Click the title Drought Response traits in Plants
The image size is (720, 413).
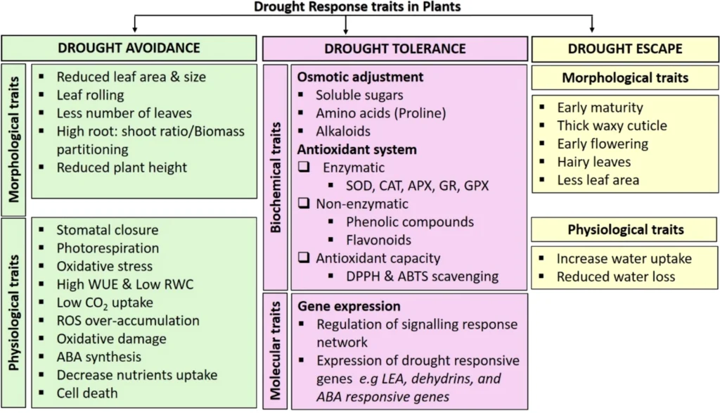[x=356, y=6]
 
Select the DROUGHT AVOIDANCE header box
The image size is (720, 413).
[x=129, y=48]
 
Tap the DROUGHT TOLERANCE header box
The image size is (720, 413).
[x=395, y=49]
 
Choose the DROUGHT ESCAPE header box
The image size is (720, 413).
[x=625, y=49]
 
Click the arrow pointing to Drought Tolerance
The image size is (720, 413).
[x=346, y=25]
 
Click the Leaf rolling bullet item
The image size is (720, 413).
[x=90, y=95]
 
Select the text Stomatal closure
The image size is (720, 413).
[x=108, y=229]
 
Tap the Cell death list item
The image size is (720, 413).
[x=87, y=393]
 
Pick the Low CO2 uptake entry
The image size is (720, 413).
[x=105, y=303]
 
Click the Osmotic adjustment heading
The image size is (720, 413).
[x=360, y=77]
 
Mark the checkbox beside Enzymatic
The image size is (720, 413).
[x=304, y=167]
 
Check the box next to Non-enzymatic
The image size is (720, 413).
[x=304, y=203]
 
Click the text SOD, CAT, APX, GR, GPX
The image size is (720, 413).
[x=418, y=186]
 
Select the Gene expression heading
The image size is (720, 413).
[x=349, y=307]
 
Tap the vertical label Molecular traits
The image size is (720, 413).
[x=275, y=351]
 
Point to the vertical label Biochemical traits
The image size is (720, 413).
[x=275, y=178]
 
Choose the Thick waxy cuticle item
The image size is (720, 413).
[x=612, y=125]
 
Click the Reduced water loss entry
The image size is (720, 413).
[x=616, y=277]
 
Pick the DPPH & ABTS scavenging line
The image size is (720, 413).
[x=422, y=276]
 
